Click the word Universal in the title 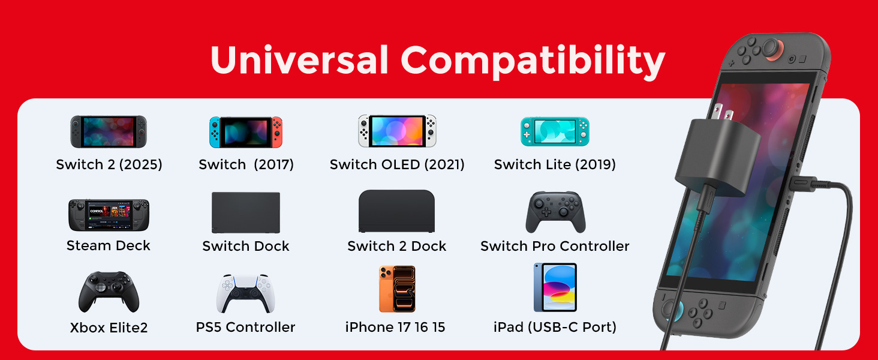tap(300, 59)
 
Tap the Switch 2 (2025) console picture tap(109, 131)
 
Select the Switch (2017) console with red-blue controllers tap(246, 131)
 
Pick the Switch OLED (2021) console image tap(397, 131)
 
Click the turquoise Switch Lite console tap(555, 131)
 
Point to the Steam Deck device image tap(109, 215)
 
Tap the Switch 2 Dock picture tap(397, 211)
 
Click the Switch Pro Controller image tap(555, 212)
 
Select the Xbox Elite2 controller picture tap(109, 292)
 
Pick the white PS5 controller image tap(245, 293)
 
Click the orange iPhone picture tap(397, 289)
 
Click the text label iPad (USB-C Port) tap(555, 327)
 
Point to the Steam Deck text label tap(109, 245)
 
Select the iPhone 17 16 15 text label tap(395, 327)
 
